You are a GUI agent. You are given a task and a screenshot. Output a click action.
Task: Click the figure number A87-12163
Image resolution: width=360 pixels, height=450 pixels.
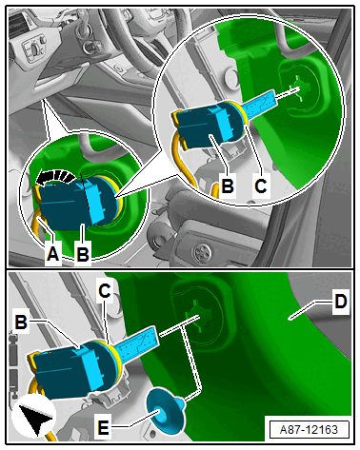point(309,430)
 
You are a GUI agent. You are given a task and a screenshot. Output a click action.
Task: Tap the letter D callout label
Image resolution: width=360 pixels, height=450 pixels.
point(341,302)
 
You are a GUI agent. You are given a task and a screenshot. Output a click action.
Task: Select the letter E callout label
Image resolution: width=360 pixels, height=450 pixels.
point(103,427)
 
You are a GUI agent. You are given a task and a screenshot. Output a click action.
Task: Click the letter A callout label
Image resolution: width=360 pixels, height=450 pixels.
point(52,254)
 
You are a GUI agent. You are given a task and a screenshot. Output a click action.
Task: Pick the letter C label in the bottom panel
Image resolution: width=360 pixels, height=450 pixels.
point(105,290)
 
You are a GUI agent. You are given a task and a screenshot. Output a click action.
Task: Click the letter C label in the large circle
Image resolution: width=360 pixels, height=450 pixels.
point(261,186)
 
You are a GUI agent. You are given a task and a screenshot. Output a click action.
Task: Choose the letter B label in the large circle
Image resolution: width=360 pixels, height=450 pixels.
point(228,186)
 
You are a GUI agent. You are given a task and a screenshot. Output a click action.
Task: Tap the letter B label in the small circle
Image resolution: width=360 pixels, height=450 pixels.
point(83,254)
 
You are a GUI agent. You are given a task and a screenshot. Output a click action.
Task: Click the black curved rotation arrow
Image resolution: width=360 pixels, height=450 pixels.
point(54,176)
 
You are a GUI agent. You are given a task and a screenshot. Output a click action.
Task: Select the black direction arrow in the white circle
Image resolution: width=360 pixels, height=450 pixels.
point(35,418)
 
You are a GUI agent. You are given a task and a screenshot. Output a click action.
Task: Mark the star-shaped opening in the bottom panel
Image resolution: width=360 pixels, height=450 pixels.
point(197,317)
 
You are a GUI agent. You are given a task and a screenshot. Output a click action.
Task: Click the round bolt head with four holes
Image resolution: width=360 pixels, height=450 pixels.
point(203,252)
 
